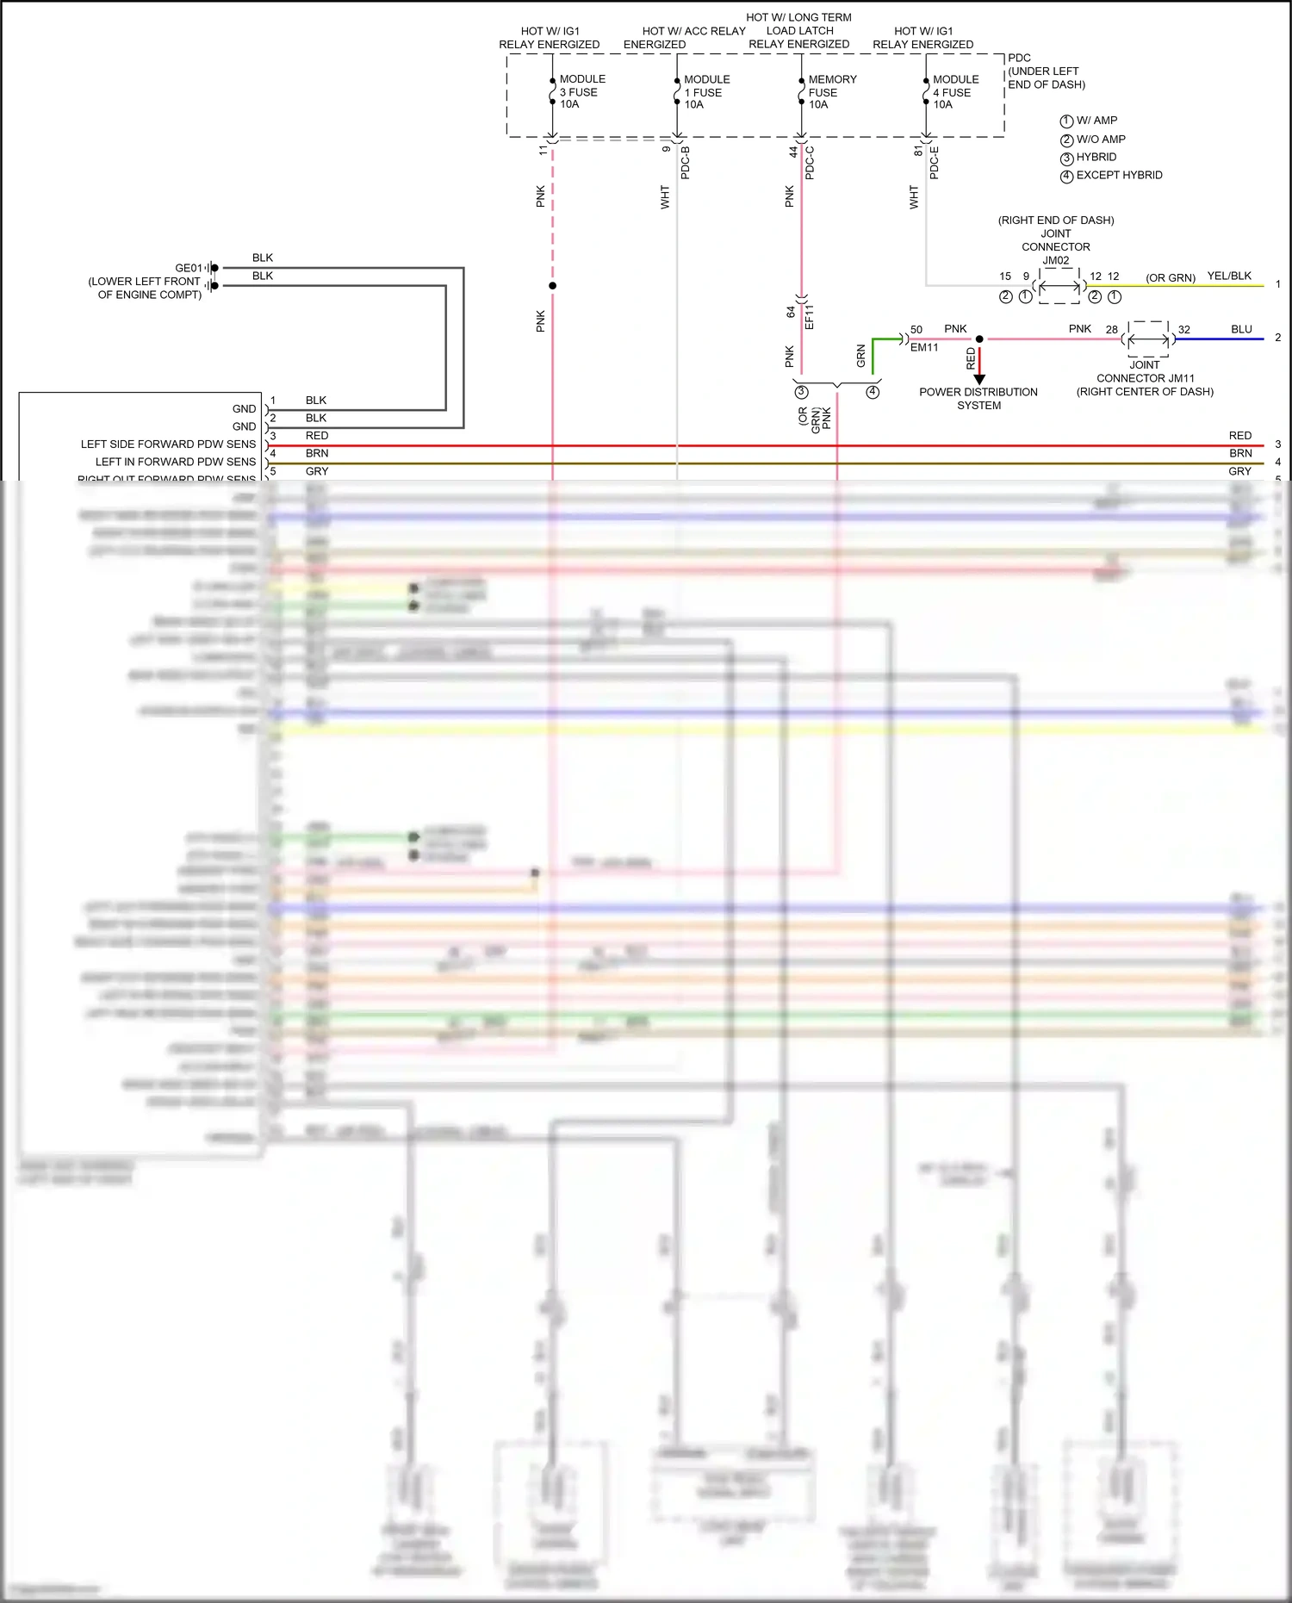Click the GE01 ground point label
coord(188,268)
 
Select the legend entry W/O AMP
coord(1100,139)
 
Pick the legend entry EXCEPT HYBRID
coord(1118,175)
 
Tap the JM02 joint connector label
coord(1056,260)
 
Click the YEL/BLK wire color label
coord(1229,276)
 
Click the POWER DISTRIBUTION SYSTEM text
coord(978,398)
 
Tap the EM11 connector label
coord(924,347)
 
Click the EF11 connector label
coord(809,316)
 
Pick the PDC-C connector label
coord(810,163)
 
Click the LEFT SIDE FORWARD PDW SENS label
coord(168,444)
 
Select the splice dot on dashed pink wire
coord(552,286)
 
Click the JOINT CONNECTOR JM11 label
coord(1145,377)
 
